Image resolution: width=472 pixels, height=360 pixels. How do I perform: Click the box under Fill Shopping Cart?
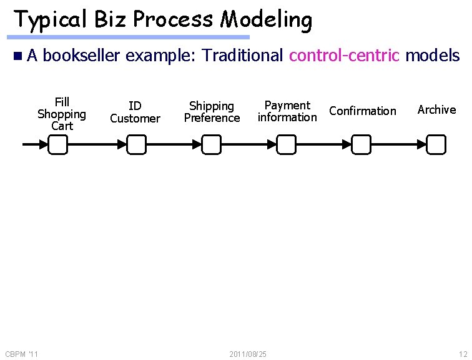(58, 146)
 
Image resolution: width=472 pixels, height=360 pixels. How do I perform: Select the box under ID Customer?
(137, 146)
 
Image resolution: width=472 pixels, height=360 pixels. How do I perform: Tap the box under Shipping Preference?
(212, 146)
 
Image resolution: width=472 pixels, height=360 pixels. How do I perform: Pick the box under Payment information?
(287, 146)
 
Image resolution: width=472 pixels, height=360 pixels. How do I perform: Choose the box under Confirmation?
(361, 146)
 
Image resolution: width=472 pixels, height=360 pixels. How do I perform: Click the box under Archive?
(436, 146)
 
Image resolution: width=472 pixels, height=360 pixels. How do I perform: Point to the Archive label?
(436, 110)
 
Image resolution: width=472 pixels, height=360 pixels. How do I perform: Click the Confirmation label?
(362, 111)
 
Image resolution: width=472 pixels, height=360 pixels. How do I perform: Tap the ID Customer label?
(135, 112)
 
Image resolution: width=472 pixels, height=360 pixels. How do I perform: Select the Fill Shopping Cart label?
(62, 114)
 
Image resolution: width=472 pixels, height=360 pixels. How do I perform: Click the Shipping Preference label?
(212, 112)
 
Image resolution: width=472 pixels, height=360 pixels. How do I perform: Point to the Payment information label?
(287, 111)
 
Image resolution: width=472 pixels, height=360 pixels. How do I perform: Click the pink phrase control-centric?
(344, 56)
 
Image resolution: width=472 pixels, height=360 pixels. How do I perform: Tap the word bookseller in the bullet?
(82, 56)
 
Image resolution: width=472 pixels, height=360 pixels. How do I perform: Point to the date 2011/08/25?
(248, 354)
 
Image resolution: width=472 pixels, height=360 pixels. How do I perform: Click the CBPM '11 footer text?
(21, 354)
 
